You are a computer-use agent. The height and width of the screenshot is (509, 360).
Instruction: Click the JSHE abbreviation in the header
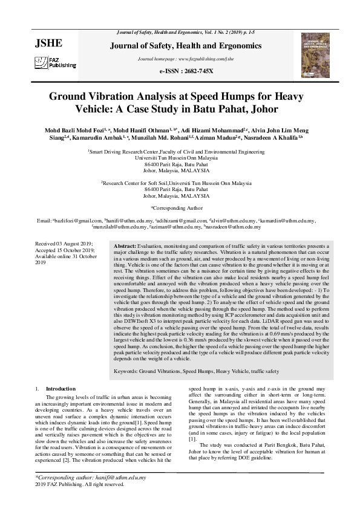tap(50, 43)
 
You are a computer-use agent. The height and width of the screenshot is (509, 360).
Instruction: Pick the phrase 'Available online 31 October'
tap(63, 256)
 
